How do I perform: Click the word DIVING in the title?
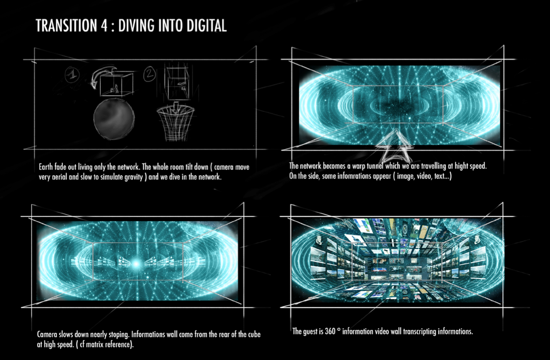click(x=137, y=26)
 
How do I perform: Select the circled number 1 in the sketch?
click(x=72, y=74)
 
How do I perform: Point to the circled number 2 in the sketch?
click(x=150, y=74)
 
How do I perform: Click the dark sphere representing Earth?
click(x=114, y=119)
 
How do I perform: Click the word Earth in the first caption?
click(x=46, y=167)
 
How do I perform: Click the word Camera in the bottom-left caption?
click(x=47, y=334)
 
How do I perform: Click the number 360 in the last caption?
click(x=330, y=331)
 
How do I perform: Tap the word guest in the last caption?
click(x=312, y=332)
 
